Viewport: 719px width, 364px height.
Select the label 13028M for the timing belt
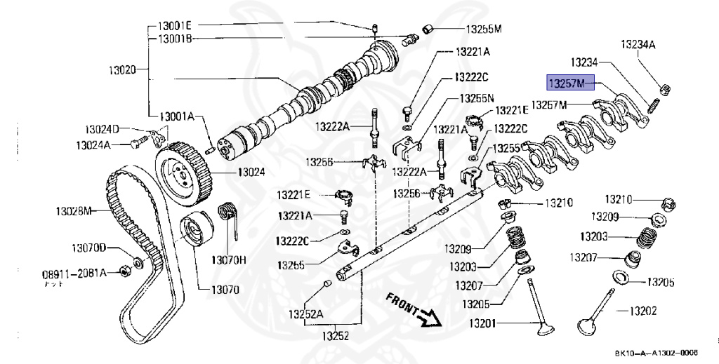[x=74, y=210]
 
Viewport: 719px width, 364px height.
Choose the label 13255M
[x=484, y=29]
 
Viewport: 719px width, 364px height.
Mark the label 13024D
[x=103, y=129]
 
